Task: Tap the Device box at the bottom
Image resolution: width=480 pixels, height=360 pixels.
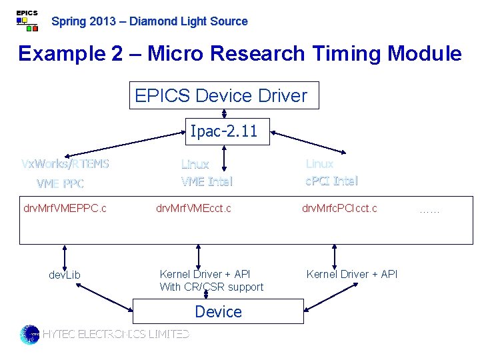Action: coord(218,311)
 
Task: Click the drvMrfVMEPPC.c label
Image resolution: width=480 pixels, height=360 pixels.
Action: coord(65,209)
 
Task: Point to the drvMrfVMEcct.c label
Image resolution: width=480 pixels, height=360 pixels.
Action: coord(193,209)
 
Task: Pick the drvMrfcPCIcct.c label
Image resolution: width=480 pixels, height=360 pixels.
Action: coord(339,209)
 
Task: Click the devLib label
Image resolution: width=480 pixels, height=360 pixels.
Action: coord(65,275)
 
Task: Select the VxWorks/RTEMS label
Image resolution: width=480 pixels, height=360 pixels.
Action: coord(65,164)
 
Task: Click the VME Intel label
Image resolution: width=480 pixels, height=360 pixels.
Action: coord(207,181)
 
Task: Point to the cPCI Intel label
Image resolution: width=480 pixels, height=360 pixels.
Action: coord(331,181)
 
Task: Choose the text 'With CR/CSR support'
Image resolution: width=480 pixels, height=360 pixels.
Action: coord(211,287)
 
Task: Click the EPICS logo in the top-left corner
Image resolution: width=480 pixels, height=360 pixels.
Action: coord(27,21)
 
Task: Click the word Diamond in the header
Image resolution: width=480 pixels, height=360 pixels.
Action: coord(150,21)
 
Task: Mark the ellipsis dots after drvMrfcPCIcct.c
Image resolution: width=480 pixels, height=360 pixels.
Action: coord(429,210)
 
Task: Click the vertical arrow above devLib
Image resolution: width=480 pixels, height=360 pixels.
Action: coord(65,255)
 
